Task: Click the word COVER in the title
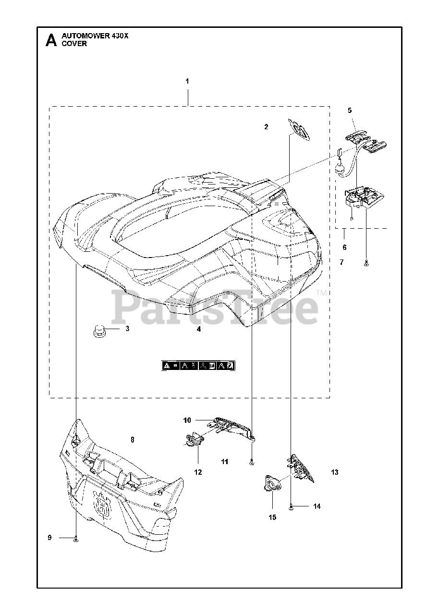click(74, 44)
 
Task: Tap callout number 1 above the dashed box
click(187, 81)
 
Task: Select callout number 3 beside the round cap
click(127, 329)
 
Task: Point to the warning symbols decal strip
click(198, 366)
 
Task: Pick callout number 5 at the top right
click(350, 111)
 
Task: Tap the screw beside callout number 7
click(366, 262)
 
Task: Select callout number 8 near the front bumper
click(133, 439)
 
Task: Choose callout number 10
click(187, 420)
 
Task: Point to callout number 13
click(335, 472)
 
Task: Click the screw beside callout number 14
click(292, 506)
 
